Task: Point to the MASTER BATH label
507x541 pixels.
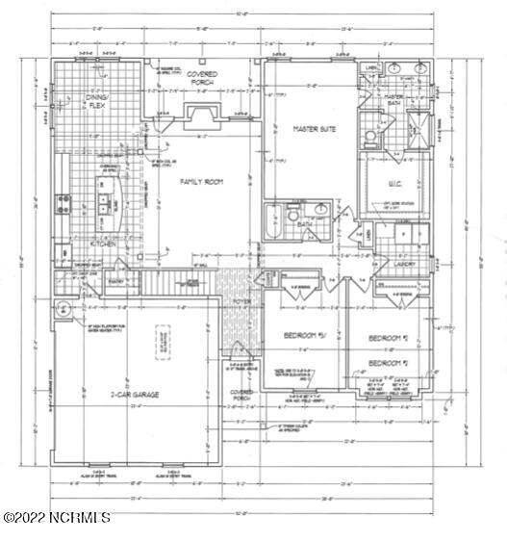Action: (394, 99)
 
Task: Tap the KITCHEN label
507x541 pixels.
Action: (103, 245)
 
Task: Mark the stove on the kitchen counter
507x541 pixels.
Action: (63, 203)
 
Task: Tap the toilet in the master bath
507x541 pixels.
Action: (371, 141)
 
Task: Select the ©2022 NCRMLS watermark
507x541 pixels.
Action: (58, 518)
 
